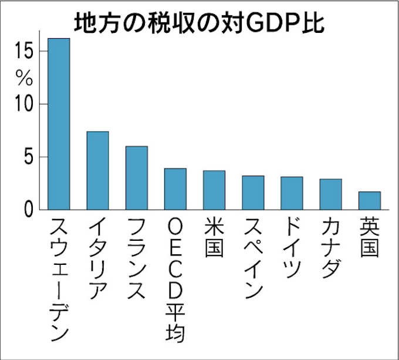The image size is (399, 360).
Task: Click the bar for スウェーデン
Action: [x=59, y=123]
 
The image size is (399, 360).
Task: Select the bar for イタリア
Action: [x=97, y=170]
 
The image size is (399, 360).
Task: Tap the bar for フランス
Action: [x=136, y=177]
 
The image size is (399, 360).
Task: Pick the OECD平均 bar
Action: [x=175, y=189]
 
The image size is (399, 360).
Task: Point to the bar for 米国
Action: [x=214, y=190]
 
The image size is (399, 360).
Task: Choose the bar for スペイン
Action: [x=253, y=192]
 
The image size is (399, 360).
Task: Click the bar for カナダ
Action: [x=330, y=194]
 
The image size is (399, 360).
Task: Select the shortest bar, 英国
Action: [x=370, y=200]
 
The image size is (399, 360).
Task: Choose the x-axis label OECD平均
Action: [x=175, y=280]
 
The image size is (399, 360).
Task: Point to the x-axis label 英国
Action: [x=370, y=237]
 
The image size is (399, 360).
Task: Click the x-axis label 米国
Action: [x=214, y=237]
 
